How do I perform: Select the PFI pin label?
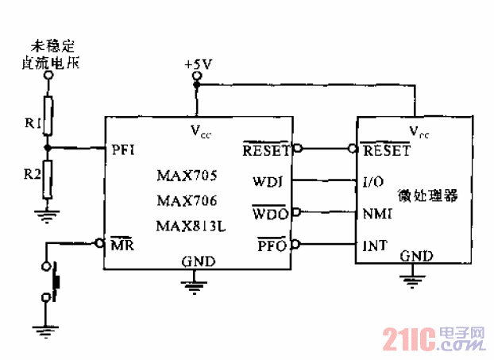click(x=123, y=149)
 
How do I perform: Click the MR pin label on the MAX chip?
click(x=122, y=245)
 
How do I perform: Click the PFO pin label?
click(x=272, y=244)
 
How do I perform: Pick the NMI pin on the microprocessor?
click(x=375, y=213)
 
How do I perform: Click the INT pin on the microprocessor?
click(x=374, y=246)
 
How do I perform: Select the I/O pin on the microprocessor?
click(x=373, y=181)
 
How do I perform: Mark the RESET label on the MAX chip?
click(x=267, y=149)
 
